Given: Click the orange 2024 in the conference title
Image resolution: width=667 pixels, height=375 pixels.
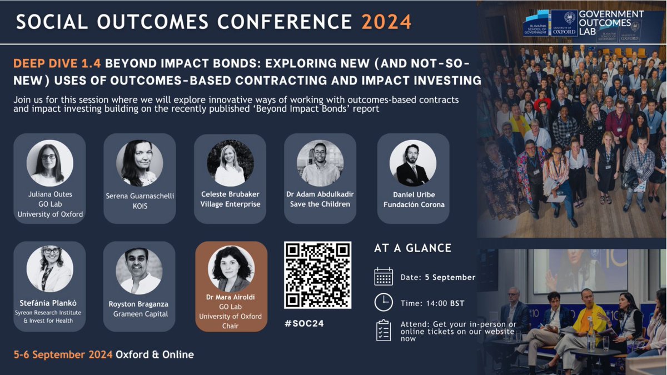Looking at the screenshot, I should point(386,21).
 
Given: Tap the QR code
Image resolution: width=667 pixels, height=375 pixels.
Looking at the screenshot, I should point(317,274).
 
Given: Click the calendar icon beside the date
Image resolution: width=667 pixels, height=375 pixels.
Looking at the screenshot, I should point(384,276).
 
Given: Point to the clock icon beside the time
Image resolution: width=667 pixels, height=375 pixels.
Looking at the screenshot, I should point(384,302).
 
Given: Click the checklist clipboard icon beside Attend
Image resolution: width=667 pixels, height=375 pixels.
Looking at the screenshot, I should point(384,329).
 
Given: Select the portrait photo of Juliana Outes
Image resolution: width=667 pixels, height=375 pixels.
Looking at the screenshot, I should point(49,162).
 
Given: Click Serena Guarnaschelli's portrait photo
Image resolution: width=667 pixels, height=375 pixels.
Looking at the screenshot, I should point(140,162).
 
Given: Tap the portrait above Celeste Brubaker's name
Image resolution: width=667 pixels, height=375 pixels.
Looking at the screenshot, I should point(230,162).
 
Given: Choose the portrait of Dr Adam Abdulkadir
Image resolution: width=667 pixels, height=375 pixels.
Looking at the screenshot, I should point(320,162).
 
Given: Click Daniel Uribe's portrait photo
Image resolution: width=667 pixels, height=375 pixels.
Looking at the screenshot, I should point(412,162).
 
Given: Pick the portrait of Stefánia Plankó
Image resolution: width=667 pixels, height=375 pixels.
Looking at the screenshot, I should point(49,269).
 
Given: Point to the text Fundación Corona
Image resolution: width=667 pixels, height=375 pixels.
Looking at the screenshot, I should point(413,204).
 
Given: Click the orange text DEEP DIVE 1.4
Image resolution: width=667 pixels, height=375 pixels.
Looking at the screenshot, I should point(57,63).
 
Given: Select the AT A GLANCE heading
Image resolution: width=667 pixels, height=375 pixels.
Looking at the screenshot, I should point(412,248).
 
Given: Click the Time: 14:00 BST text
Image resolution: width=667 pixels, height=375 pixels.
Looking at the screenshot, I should point(432,303).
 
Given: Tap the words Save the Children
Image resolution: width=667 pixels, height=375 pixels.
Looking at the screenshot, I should point(320,204).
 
